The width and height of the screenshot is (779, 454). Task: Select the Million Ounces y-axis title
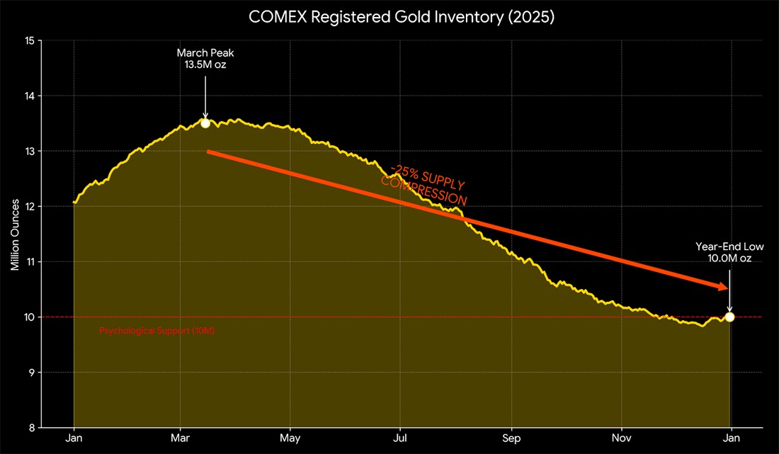pyautogui.click(x=15, y=235)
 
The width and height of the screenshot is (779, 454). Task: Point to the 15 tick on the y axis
pyautogui.click(x=30, y=40)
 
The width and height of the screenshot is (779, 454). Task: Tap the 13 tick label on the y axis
pyautogui.click(x=30, y=151)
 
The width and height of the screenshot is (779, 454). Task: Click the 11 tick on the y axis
pyautogui.click(x=30, y=262)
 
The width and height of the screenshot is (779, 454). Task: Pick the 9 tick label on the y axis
pyautogui.click(x=33, y=373)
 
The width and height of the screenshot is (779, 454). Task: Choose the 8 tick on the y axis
pyautogui.click(x=33, y=428)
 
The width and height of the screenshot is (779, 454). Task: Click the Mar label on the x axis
pyautogui.click(x=180, y=438)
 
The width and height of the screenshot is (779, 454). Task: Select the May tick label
pyautogui.click(x=290, y=438)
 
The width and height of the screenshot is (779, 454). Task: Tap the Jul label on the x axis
pyautogui.click(x=400, y=438)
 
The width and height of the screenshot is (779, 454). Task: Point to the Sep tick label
pyautogui.click(x=511, y=438)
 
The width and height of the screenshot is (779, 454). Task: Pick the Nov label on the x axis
pyautogui.click(x=622, y=438)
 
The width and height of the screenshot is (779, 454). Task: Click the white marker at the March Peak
pyautogui.click(x=205, y=123)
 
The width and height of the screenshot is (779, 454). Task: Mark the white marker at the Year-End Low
pyautogui.click(x=729, y=317)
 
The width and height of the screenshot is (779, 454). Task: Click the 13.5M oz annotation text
pyautogui.click(x=205, y=64)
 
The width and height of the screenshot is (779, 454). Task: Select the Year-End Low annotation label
pyautogui.click(x=729, y=246)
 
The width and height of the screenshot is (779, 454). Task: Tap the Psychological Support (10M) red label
pyautogui.click(x=157, y=331)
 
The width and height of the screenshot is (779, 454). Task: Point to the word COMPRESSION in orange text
pyautogui.click(x=423, y=191)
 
